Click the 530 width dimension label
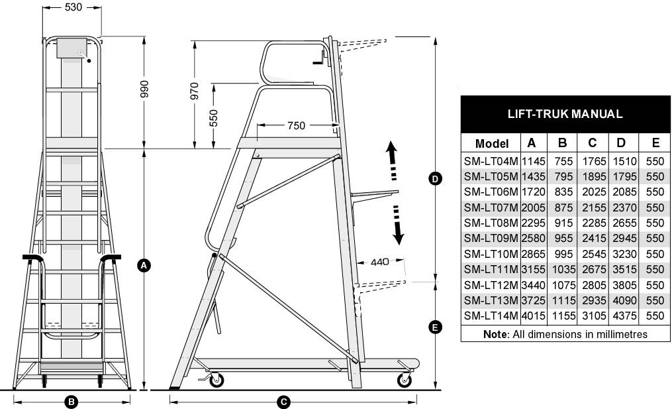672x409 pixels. (73, 7)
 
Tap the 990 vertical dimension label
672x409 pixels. (144, 89)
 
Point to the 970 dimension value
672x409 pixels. (195, 91)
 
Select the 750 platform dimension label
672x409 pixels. (296, 126)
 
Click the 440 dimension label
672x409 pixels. (380, 262)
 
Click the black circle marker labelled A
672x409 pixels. (144, 265)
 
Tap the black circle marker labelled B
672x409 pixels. (71, 402)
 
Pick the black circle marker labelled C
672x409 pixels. (283, 402)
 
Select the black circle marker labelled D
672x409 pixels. (435, 178)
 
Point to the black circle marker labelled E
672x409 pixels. (435, 327)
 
